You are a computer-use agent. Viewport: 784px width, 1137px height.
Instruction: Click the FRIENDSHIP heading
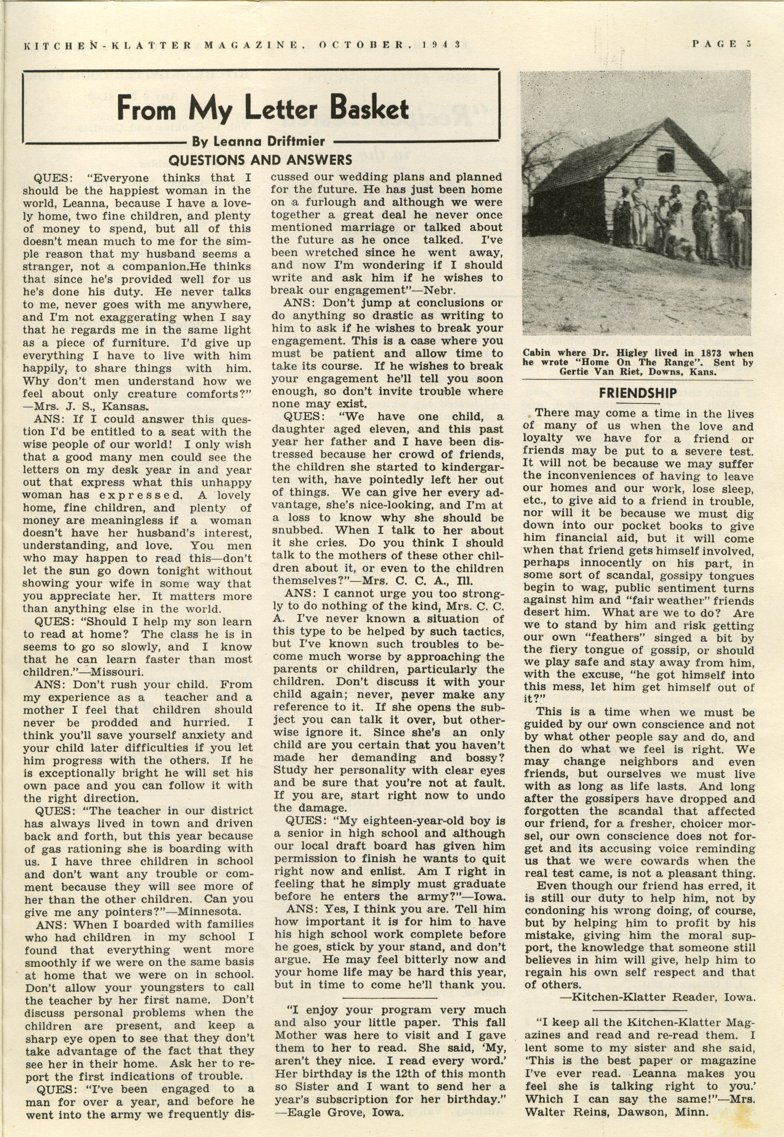click(x=638, y=393)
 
